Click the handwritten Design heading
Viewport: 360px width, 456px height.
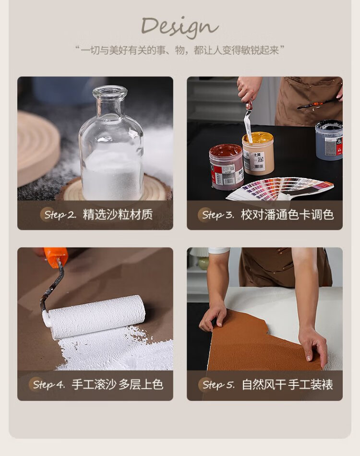coord(180,27)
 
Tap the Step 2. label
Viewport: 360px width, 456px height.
coord(60,215)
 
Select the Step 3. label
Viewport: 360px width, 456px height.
coord(218,215)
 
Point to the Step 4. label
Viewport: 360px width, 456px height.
coord(49,384)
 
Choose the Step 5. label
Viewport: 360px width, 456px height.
coord(218,385)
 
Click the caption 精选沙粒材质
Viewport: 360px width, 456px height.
coord(118,215)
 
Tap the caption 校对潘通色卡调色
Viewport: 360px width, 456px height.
coord(288,215)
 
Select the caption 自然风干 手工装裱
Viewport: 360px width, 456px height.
coord(288,385)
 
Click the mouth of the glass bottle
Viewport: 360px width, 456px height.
coord(110,91)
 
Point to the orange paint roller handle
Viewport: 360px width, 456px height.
coord(55,257)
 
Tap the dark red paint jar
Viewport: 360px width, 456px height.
coord(226,167)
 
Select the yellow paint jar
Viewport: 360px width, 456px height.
coord(258,153)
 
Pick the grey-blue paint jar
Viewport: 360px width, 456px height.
coord(329,140)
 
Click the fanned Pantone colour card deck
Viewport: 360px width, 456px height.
coord(280,189)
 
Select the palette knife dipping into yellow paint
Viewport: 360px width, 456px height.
coord(248,120)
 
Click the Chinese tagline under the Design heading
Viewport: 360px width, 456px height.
coord(180,50)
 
